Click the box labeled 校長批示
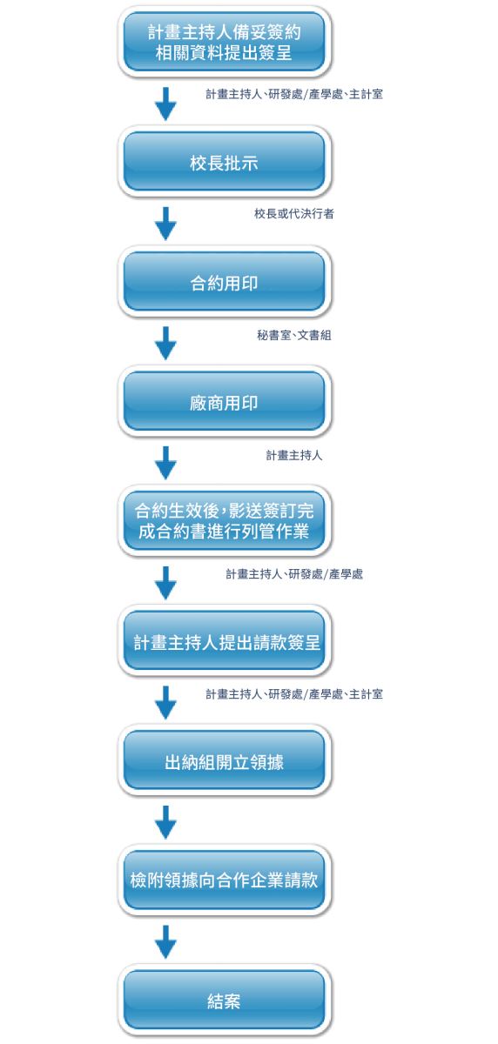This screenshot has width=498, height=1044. [x=225, y=162]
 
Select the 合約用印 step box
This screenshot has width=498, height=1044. [x=225, y=282]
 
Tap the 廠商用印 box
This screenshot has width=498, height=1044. [x=225, y=402]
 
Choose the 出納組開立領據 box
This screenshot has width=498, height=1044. [x=225, y=761]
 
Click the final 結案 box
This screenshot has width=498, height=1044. [x=225, y=1000]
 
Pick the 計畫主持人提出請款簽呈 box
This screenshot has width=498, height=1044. [x=225, y=641]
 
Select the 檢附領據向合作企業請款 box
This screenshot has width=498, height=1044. [x=225, y=880]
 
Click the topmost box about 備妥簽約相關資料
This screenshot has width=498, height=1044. [x=225, y=42]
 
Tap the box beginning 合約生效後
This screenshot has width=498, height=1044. [x=225, y=521]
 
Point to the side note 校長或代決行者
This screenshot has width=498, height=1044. [x=293, y=214]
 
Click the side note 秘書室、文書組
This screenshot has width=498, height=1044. [x=293, y=335]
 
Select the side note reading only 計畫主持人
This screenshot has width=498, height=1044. [x=293, y=455]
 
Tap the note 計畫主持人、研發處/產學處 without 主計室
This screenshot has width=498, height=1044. [x=293, y=574]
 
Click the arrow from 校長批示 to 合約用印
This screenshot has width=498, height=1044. [x=165, y=224]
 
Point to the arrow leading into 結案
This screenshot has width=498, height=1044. [x=165, y=942]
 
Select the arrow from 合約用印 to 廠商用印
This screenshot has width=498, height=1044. [x=165, y=344]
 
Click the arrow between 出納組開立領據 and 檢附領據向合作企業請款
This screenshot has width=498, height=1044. [x=165, y=822]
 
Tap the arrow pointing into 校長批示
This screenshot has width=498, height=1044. [x=165, y=104]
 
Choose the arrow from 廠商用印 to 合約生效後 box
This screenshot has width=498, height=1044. [x=165, y=463]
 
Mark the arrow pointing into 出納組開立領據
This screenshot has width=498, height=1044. [x=165, y=702]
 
